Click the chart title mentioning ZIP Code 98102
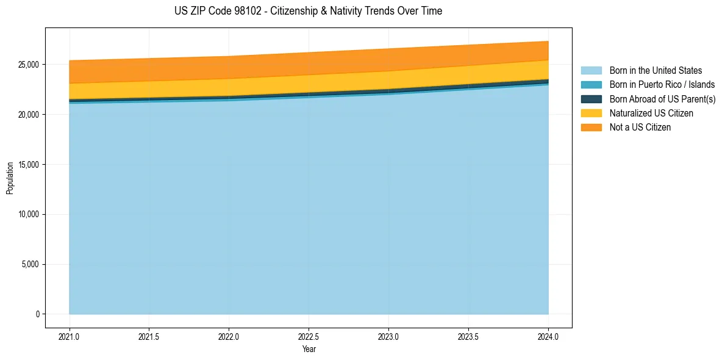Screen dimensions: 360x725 [308, 11]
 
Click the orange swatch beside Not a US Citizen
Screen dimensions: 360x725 [591, 128]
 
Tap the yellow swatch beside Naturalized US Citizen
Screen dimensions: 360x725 [591, 113]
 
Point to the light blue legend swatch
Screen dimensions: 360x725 [591, 71]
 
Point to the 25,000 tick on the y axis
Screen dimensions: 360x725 [29, 65]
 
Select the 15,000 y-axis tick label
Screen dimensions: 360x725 [29, 165]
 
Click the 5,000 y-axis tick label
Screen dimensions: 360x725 [30, 265]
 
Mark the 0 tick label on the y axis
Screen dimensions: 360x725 [37, 314]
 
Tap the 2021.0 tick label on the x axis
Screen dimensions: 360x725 [70, 336]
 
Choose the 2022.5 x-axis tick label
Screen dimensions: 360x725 [309, 336]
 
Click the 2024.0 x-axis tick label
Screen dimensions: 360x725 [548, 336]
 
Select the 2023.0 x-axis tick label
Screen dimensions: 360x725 [388, 336]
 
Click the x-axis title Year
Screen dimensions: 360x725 [309, 350]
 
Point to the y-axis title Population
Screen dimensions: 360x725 [10, 178]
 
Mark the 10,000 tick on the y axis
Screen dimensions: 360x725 [29, 215]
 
